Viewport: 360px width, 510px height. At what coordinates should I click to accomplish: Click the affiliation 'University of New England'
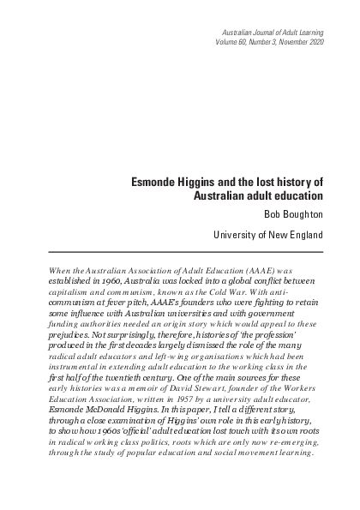click(x=267, y=233)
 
